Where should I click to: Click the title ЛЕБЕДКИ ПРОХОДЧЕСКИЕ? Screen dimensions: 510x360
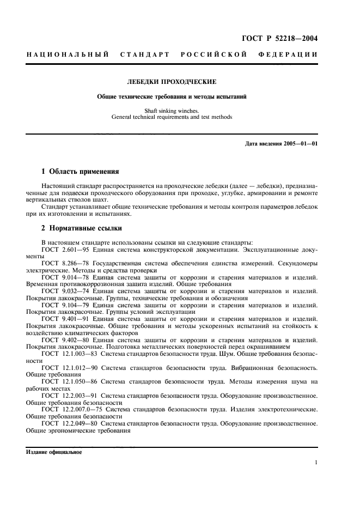point(172,82)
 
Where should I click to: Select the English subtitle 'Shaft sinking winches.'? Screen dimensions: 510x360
point(172,111)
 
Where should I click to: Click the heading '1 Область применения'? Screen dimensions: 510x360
point(80,171)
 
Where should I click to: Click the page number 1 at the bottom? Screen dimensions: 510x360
point(316,463)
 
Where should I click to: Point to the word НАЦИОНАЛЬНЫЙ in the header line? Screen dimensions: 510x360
point(69,54)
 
